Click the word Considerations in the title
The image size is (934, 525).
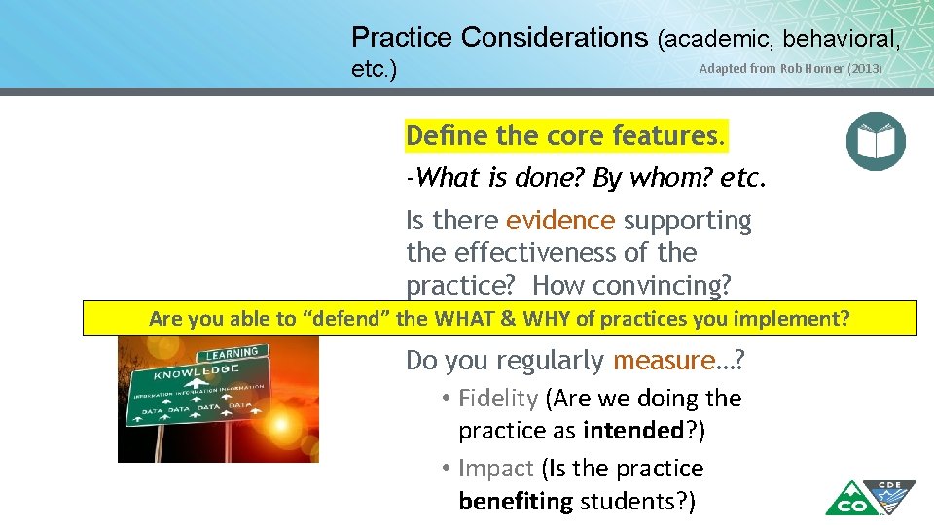(554, 38)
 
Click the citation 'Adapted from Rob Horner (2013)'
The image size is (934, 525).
(791, 69)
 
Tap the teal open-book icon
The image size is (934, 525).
(876, 141)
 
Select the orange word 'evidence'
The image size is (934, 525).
(560, 221)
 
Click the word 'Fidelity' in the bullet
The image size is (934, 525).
(497, 399)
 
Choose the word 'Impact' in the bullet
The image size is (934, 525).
(495, 469)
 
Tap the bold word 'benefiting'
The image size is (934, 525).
(516, 502)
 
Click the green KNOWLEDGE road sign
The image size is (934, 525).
(195, 372)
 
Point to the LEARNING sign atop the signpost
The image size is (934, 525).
(233, 352)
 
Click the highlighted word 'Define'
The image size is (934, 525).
(447, 135)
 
